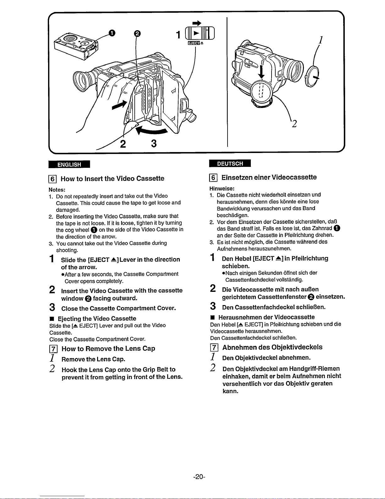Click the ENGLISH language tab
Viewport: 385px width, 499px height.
click(69, 164)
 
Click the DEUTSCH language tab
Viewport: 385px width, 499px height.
click(230, 163)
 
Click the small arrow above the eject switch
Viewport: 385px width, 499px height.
click(197, 23)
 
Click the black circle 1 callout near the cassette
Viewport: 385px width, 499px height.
click(112, 33)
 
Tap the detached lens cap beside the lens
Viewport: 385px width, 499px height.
click(312, 76)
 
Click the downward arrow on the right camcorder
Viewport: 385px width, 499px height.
click(261, 72)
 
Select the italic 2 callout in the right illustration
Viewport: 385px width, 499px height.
click(294, 124)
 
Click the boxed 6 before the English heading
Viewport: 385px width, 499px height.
click(52, 179)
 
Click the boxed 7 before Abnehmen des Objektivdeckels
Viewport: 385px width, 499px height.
click(214, 348)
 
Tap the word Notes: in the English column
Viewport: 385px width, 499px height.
click(57, 190)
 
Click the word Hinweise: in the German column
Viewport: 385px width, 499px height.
click(222, 189)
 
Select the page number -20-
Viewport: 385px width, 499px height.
click(199, 477)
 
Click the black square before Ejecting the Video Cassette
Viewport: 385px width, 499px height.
click(52, 319)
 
